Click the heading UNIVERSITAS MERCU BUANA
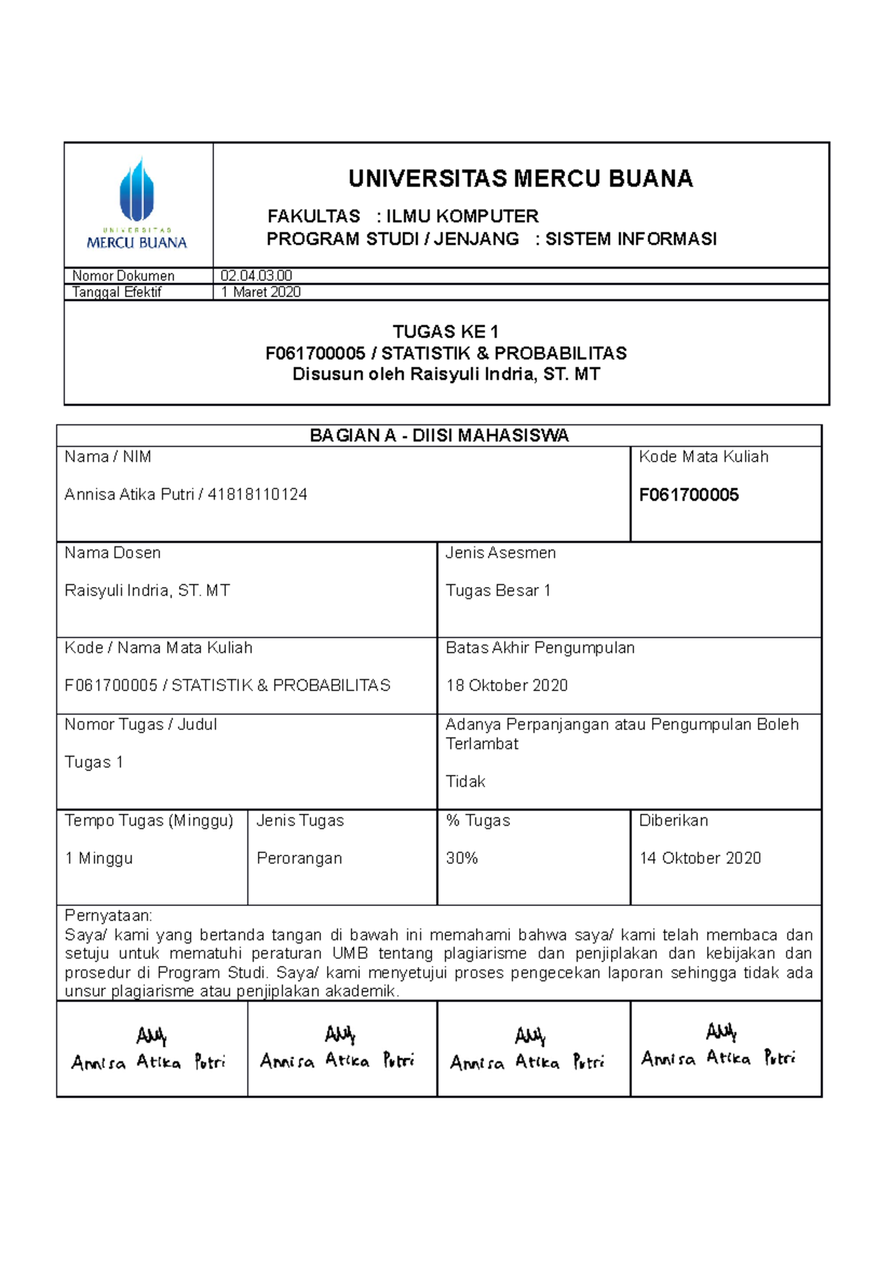click(520, 179)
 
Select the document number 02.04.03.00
click(256, 276)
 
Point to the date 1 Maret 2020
click(261, 292)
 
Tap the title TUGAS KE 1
click(445, 331)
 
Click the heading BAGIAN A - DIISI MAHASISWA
click(439, 436)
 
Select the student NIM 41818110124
click(257, 494)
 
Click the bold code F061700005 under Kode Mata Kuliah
click(688, 495)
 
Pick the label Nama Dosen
click(112, 553)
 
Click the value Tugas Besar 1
click(498, 591)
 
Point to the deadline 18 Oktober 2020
click(506, 685)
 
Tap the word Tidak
click(465, 781)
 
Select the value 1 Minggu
click(99, 858)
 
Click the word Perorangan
click(299, 858)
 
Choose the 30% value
click(462, 858)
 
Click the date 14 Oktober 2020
click(699, 858)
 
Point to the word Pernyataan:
click(108, 916)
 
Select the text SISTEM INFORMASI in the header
click(630, 239)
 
